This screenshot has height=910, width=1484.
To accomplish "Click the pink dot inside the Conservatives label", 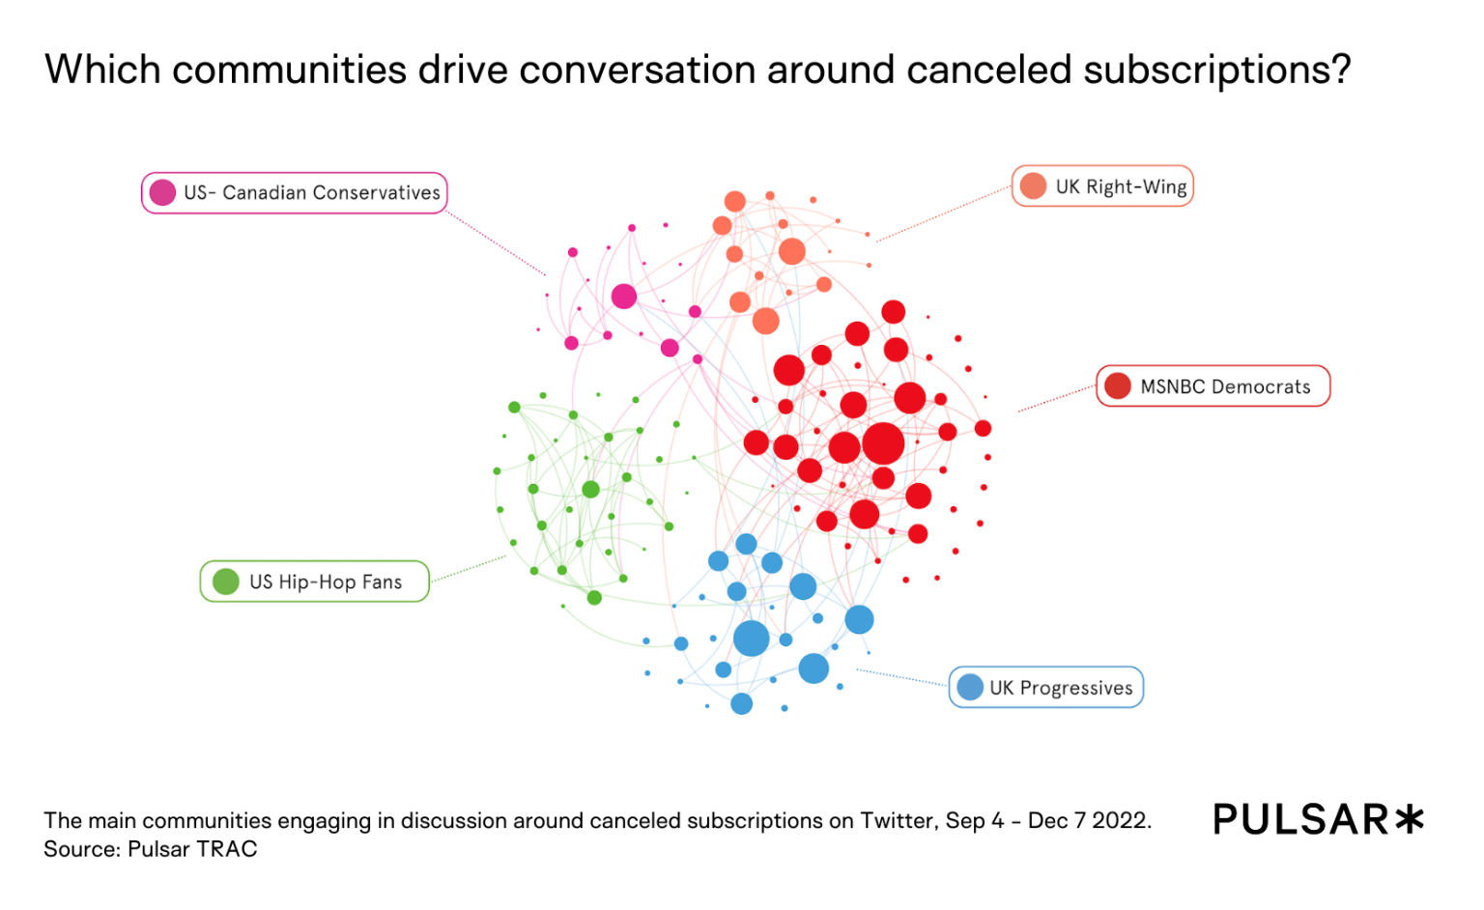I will [162, 193].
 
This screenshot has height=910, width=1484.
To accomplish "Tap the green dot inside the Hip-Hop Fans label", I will [226, 582].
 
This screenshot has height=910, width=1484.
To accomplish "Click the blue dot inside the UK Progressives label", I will [970, 688].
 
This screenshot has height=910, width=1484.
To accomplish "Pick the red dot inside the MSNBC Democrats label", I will [1118, 386].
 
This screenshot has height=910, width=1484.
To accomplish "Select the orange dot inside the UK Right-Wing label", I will [1033, 186].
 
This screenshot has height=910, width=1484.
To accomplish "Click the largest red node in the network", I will [883, 443].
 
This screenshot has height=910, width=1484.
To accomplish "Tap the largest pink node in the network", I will [624, 297].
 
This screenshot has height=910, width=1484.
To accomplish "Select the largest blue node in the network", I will [751, 639].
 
